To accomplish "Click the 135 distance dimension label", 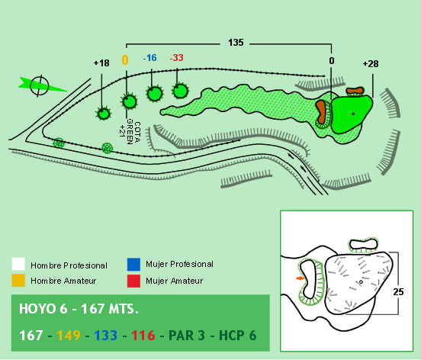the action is (236, 43).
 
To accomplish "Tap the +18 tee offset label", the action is (101, 63).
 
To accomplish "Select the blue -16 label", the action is (149, 58).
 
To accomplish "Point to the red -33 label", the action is (176, 58).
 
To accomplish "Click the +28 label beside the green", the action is (371, 64).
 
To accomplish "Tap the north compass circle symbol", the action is (40, 86).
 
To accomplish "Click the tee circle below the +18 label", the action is (104, 114).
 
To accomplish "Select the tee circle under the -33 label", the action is (180, 91).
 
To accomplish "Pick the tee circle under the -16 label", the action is (155, 93).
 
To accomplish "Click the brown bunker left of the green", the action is (321, 111).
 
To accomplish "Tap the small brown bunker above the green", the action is (355, 91).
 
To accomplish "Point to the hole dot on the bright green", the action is (353, 114).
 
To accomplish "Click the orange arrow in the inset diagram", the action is (300, 278).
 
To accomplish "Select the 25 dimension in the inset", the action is (398, 292).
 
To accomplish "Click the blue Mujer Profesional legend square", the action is (133, 265).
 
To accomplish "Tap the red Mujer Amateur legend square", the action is (133, 281).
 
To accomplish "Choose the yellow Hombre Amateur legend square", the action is (18, 281).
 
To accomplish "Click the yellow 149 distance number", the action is (69, 336).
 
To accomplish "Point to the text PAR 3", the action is (186, 336).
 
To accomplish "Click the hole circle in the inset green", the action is (361, 282).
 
